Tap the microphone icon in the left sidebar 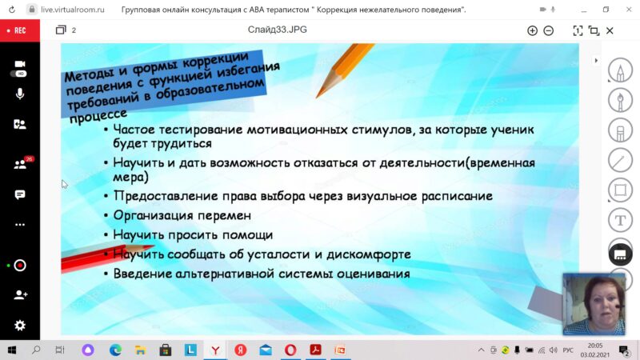click(x=19, y=94)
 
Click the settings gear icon click(x=19, y=326)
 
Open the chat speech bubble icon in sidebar click(x=19, y=194)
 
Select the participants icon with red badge click(x=21, y=164)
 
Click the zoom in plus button click(x=532, y=30)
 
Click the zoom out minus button click(x=549, y=30)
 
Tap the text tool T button click(x=621, y=221)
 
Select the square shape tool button click(x=621, y=190)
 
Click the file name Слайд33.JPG click(x=277, y=30)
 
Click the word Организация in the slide click(x=153, y=216)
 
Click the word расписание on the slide click(x=457, y=196)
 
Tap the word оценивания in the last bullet click(x=373, y=274)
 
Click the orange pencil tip click(x=317, y=96)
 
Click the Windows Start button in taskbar click(x=12, y=350)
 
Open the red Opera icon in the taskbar click(x=290, y=350)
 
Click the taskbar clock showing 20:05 click(x=595, y=346)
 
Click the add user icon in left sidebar click(x=20, y=294)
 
